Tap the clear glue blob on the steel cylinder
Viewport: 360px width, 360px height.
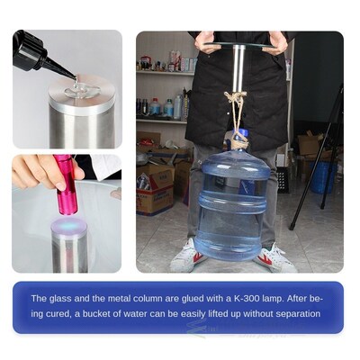80,89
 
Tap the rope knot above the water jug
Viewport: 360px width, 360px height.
237,100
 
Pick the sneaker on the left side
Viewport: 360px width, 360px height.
186,256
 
